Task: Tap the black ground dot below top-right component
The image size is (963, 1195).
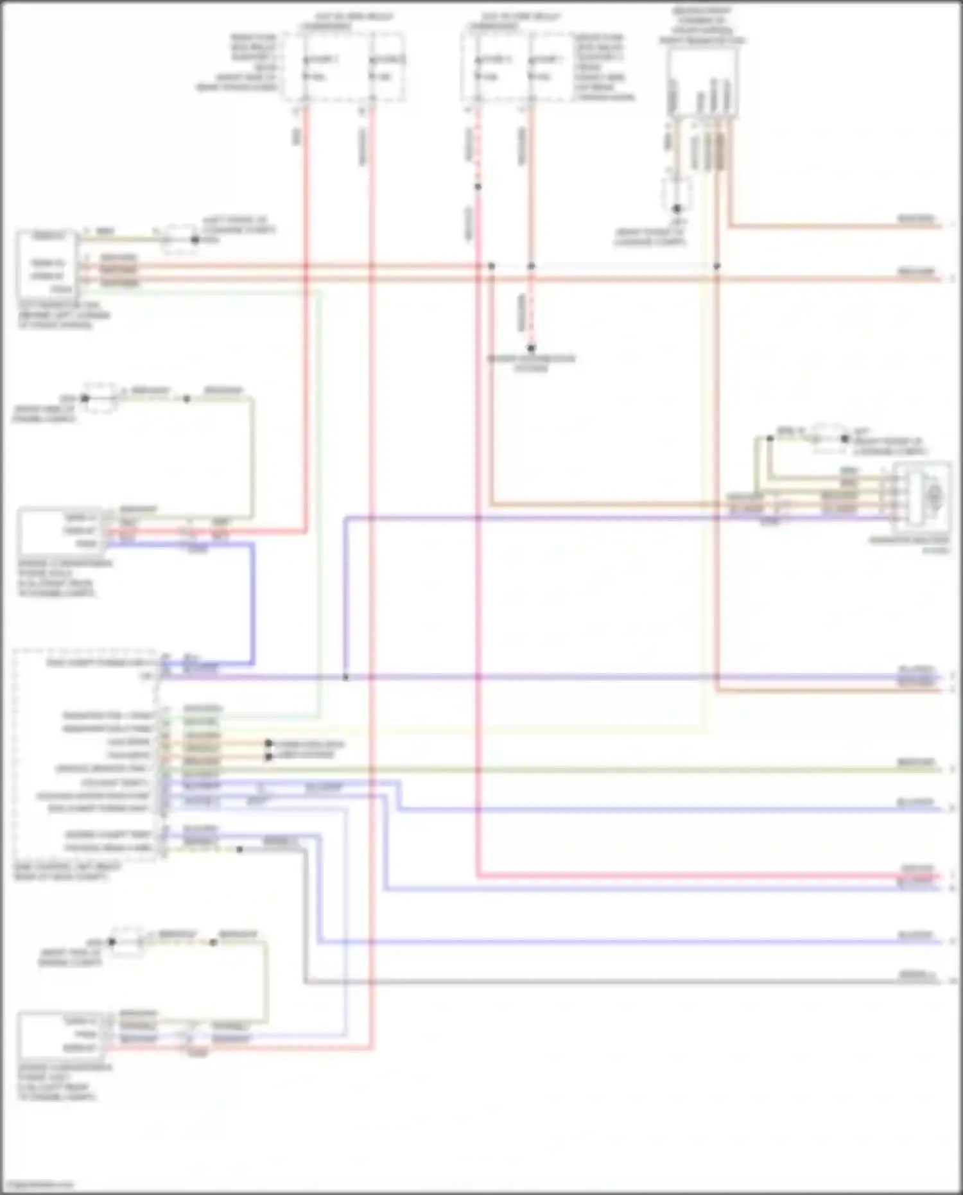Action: point(676,209)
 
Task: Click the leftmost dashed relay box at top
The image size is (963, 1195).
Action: point(343,67)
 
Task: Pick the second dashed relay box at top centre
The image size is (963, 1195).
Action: point(517,67)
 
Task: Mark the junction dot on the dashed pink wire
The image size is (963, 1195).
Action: point(478,187)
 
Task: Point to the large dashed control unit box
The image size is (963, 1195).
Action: point(83,755)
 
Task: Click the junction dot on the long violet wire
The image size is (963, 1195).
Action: point(345,677)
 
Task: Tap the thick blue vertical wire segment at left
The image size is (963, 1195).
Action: point(252,604)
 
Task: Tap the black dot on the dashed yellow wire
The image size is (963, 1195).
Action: point(239,850)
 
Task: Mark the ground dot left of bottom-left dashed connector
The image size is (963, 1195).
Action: point(111,942)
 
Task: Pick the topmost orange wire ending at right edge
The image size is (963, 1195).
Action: point(835,226)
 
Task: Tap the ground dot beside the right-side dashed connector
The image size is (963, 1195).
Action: point(845,439)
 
